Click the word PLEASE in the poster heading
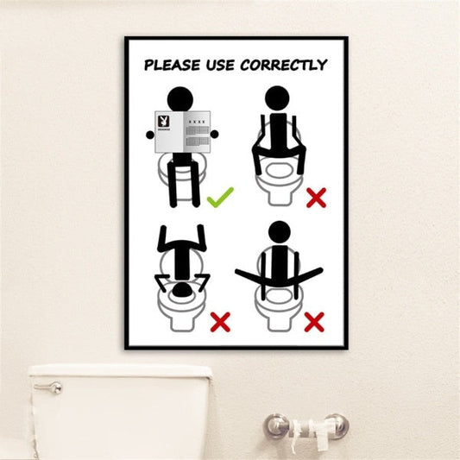pyautogui.click(x=171, y=65)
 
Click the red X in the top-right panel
pyautogui.click(x=316, y=198)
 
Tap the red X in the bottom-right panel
pyautogui.click(x=314, y=322)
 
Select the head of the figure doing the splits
pyautogui.click(x=279, y=232)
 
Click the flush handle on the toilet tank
pyautogui.click(x=49, y=387)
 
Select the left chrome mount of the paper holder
pyautogui.click(x=276, y=425)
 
